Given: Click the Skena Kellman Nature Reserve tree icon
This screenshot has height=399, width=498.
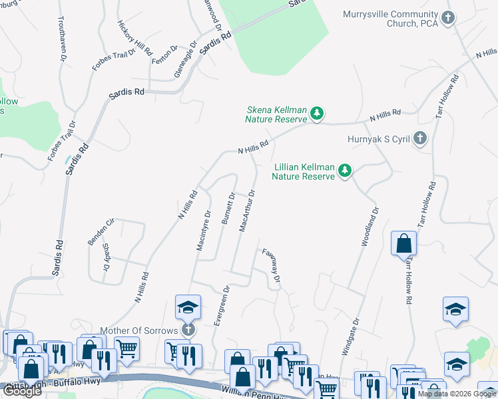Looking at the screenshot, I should pos(318,114).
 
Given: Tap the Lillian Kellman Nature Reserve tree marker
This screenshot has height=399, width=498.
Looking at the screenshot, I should pos(344,171).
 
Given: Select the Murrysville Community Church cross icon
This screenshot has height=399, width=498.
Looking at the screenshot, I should pos(449,18).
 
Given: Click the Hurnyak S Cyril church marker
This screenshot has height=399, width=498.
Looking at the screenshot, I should pos(419,139).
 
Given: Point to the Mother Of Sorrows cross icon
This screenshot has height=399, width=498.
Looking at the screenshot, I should pos(188,330).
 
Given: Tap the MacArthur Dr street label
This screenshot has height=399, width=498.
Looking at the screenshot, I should pos(247,211).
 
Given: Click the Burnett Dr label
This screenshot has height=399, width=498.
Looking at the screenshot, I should pos(228,208).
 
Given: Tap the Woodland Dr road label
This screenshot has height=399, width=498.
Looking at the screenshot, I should pos(369,227).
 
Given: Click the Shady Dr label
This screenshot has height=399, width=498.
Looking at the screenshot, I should pos(106,257).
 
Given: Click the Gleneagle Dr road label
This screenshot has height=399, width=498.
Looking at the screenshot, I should pos(186,60).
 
